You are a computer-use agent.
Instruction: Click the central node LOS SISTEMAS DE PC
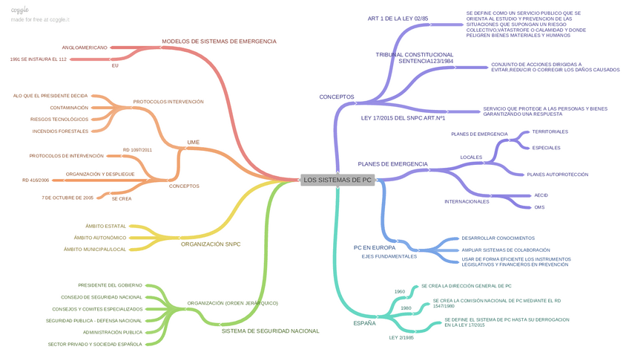(337, 180)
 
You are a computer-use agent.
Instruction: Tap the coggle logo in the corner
(20, 10)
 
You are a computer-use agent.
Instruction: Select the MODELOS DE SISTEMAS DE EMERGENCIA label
(219, 42)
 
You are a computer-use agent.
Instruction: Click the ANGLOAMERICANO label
(85, 48)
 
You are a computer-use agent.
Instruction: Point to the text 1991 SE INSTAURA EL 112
(39, 59)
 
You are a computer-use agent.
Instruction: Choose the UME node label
(194, 142)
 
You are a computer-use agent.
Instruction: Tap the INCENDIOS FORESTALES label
(60, 131)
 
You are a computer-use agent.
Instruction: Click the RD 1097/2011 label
(138, 150)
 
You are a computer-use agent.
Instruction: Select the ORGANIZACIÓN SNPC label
(211, 244)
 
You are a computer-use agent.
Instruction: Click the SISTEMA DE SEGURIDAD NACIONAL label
(270, 331)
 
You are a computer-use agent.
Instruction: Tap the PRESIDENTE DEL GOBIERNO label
(110, 285)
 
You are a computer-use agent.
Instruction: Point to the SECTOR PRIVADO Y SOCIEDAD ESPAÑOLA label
(94, 345)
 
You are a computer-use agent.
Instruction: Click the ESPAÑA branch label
(364, 323)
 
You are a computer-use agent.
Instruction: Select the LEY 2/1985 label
(401, 338)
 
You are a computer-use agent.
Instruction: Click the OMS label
(539, 207)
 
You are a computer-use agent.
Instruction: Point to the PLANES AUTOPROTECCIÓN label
(557, 175)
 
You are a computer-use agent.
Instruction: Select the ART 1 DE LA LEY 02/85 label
(398, 19)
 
